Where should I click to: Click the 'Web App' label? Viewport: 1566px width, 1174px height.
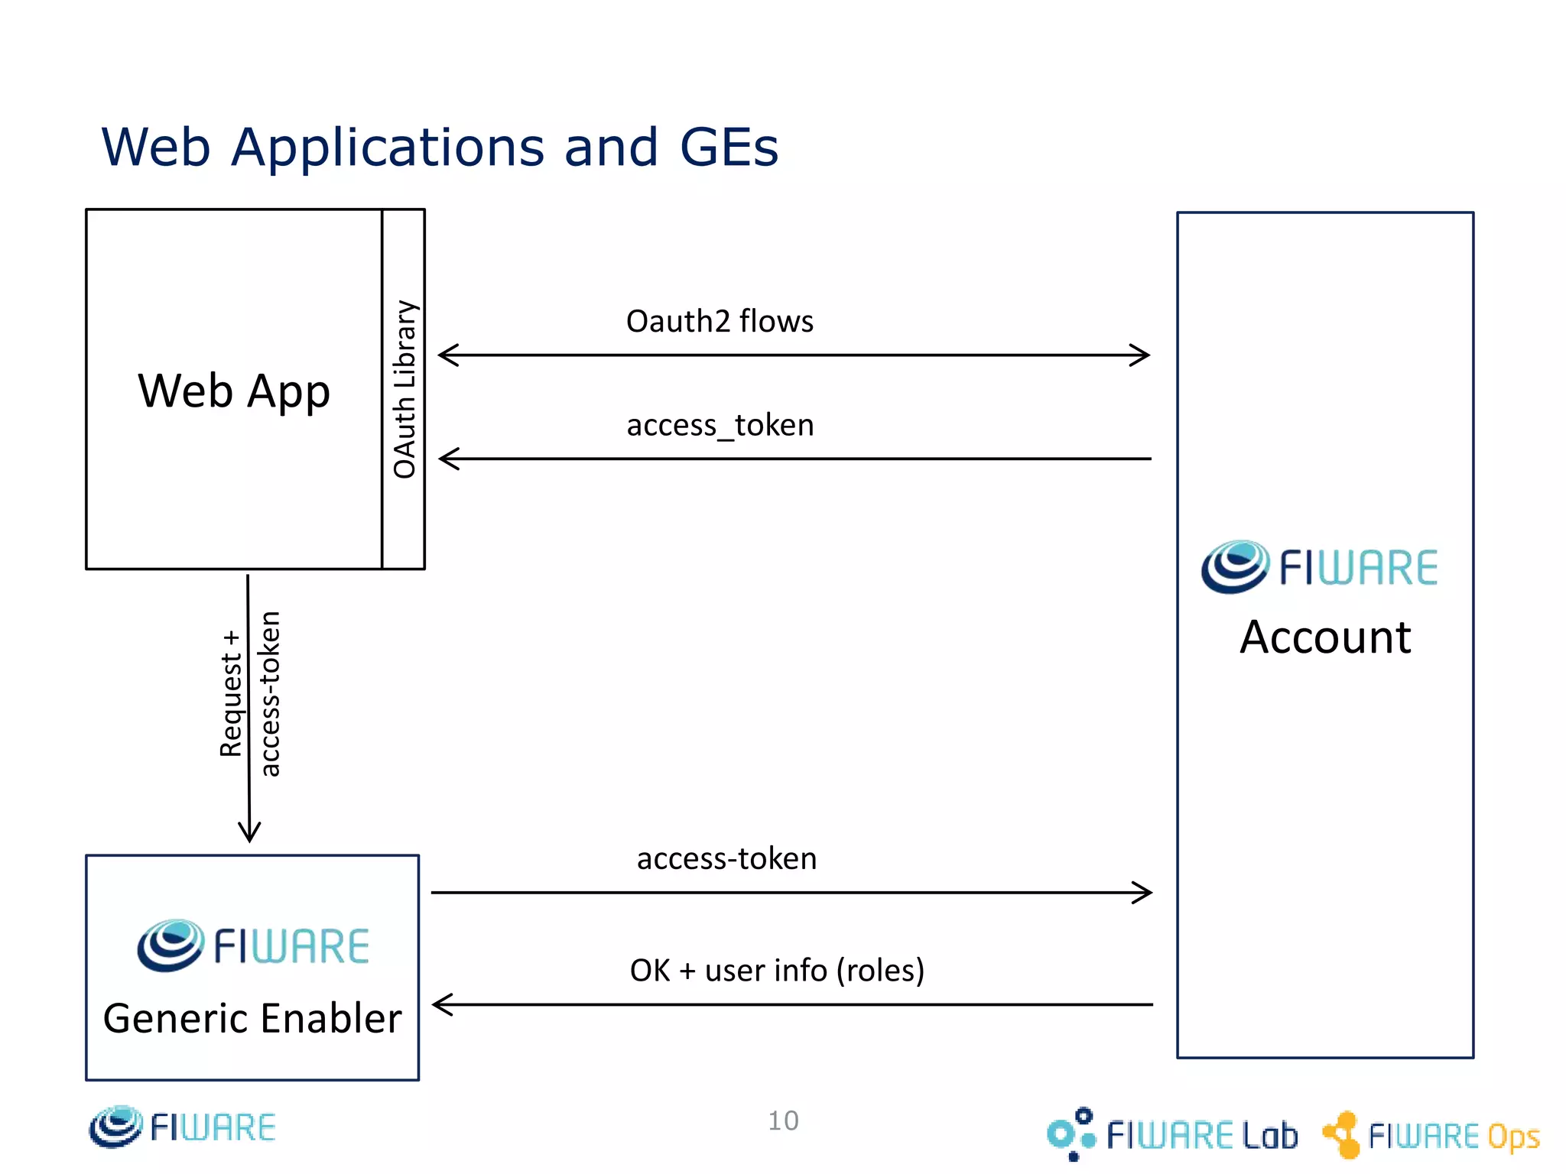tap(234, 391)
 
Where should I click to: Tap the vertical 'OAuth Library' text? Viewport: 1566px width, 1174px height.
tap(404, 390)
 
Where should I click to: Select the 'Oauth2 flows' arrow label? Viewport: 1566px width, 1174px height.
tap(720, 321)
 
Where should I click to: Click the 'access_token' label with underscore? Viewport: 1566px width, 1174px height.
tap(720, 425)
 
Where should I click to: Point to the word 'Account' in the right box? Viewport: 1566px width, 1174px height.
tap(1325, 637)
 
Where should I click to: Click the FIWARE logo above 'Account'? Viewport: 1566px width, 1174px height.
tap(1319, 567)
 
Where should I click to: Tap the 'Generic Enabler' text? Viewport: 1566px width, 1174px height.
tap(252, 1018)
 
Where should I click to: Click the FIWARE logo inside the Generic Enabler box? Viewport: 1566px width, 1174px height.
tap(253, 945)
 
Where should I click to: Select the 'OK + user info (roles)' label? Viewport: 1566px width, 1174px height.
tap(777, 970)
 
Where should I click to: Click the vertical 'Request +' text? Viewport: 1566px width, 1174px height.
tap(230, 694)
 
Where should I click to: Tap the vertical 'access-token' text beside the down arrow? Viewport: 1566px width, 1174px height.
tap(270, 694)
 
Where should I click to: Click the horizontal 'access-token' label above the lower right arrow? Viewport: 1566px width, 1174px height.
tap(726, 858)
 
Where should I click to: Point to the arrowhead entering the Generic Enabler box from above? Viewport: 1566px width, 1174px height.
tap(249, 833)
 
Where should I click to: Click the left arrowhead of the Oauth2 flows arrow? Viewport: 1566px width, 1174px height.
tap(447, 355)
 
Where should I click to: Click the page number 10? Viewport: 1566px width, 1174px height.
tap(783, 1120)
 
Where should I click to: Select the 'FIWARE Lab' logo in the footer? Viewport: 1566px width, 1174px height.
tap(1172, 1134)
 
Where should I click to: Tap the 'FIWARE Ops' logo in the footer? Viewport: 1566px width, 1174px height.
tap(1431, 1135)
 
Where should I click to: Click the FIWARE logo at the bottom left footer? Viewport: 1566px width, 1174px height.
tap(182, 1127)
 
